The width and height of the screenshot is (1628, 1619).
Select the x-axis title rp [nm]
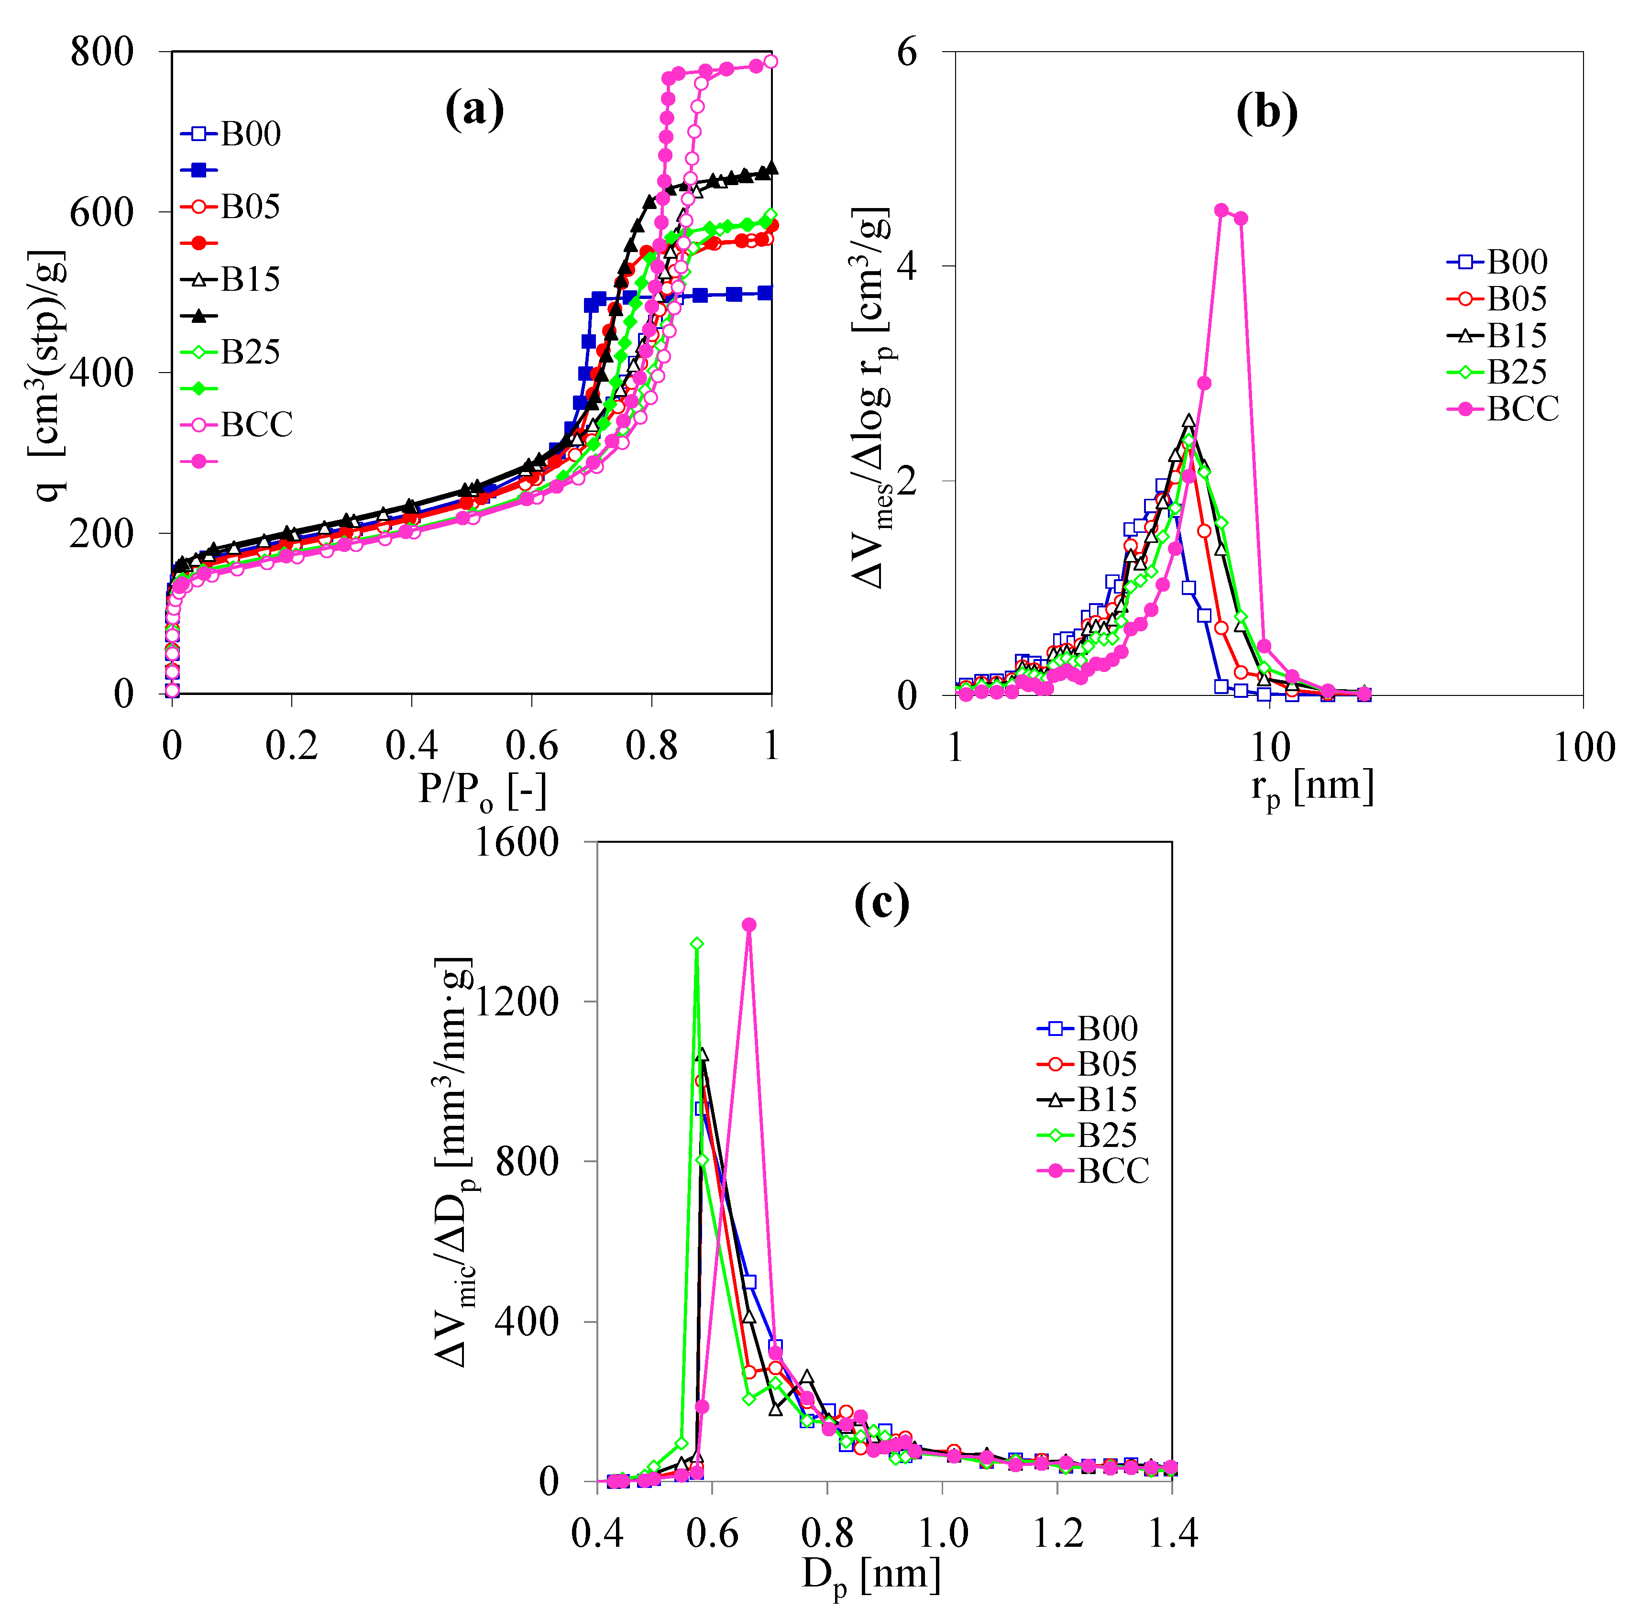click(1312, 788)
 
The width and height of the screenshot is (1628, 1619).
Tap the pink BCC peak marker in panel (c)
click(748, 925)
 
